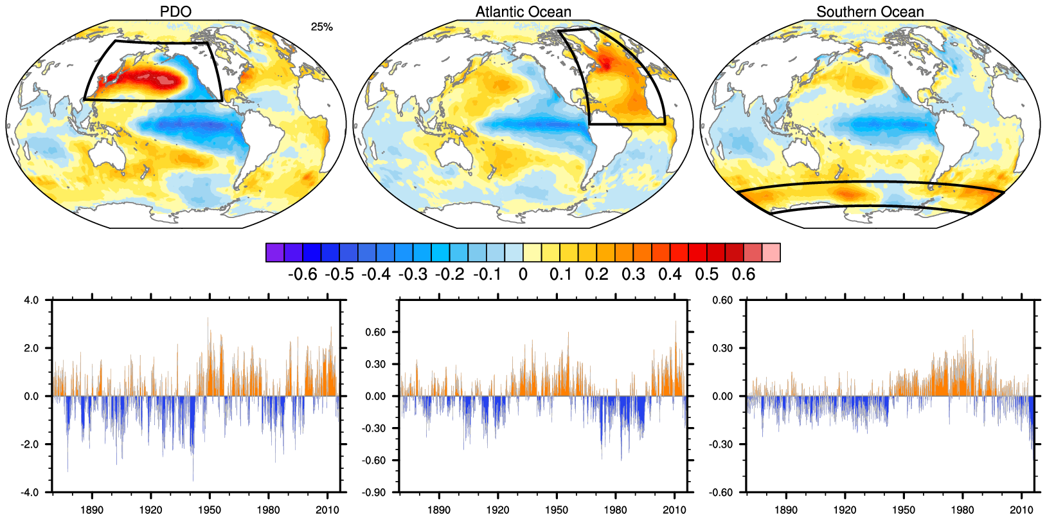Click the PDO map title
pyautogui.click(x=175, y=12)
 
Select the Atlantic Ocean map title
pyautogui.click(x=523, y=12)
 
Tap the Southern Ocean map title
pyautogui.click(x=870, y=12)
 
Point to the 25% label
pyautogui.click(x=321, y=27)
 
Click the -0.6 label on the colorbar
pyautogui.click(x=302, y=275)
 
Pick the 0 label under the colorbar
pyautogui.click(x=523, y=275)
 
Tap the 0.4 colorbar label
pyautogui.click(x=670, y=275)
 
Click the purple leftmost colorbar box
pyautogui.click(x=274, y=253)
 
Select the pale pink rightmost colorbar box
pyautogui.click(x=771, y=253)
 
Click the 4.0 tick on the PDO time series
pyautogui.click(x=31, y=300)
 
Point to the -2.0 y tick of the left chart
pyautogui.click(x=30, y=444)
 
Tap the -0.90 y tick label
pyautogui.click(x=375, y=493)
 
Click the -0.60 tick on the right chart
pyautogui.click(x=722, y=493)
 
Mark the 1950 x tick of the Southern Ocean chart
pyautogui.click(x=904, y=510)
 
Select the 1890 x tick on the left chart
pyautogui.click(x=93, y=510)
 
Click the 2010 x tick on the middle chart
pyautogui.click(x=674, y=510)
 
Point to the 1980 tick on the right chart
pyautogui.click(x=962, y=510)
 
